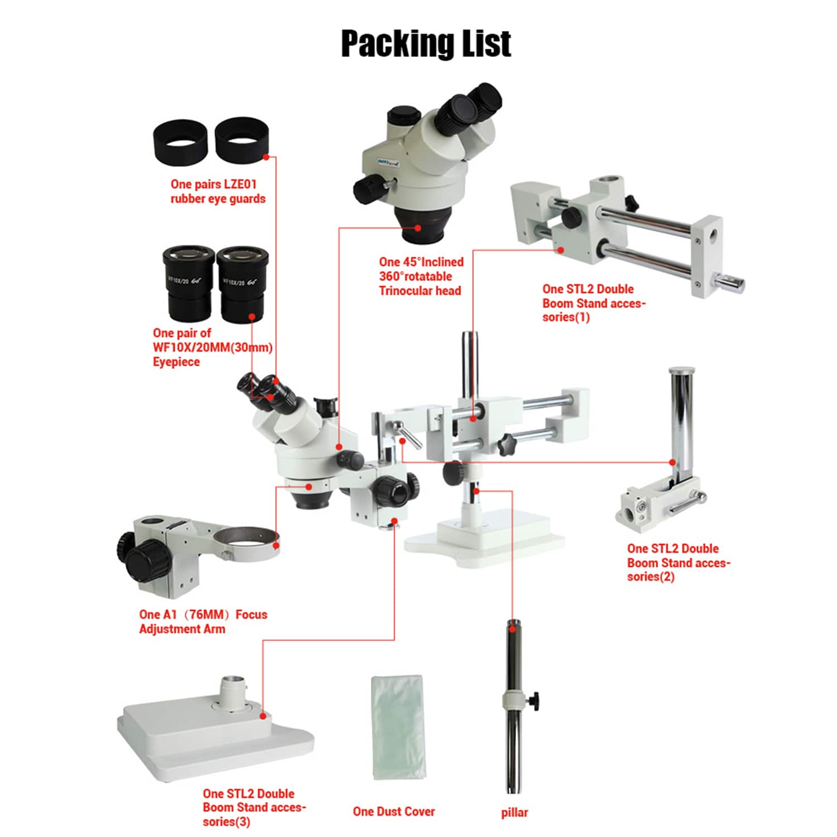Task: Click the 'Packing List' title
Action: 425,44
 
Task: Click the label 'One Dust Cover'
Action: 393,812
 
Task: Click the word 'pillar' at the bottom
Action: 514,812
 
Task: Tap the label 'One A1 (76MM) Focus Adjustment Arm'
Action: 203,622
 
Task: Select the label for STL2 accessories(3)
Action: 254,807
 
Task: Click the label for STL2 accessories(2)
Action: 677,562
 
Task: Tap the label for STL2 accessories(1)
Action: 593,303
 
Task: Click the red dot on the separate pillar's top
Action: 512,628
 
